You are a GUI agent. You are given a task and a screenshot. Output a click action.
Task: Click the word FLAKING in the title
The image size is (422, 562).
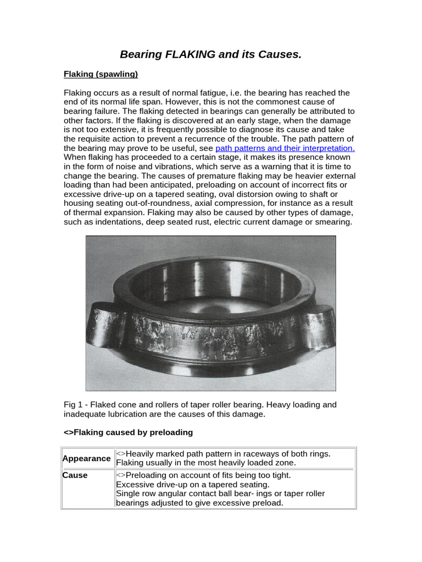184,54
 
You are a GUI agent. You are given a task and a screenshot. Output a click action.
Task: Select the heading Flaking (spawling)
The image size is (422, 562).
101,74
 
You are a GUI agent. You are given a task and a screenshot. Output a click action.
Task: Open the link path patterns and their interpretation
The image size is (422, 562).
285,148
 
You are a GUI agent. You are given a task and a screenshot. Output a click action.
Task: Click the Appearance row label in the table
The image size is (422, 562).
86,458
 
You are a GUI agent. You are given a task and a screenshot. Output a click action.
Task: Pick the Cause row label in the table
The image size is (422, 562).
75,475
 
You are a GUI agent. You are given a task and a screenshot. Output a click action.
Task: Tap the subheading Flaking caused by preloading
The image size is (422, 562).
129,432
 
